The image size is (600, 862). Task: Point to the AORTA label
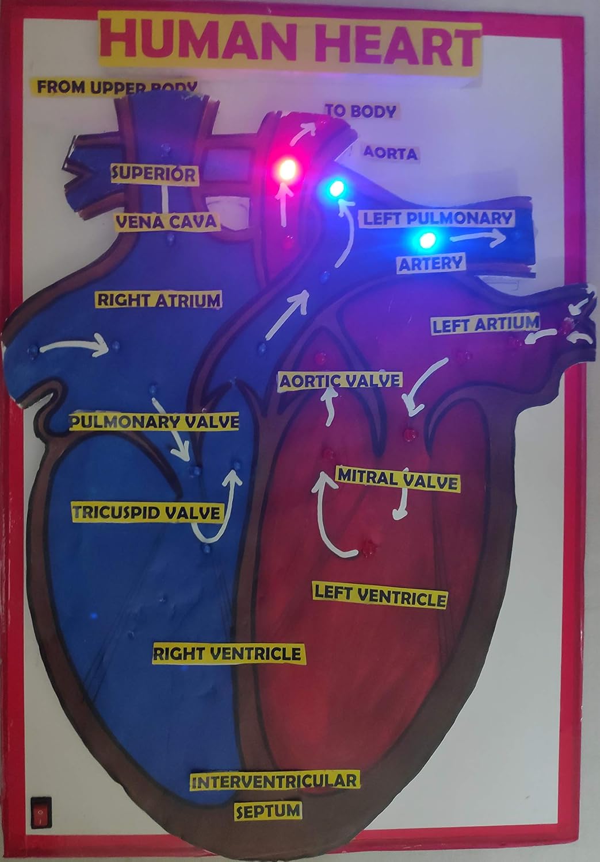[390, 153]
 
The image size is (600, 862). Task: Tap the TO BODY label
[361, 110]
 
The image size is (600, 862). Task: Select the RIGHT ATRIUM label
[159, 299]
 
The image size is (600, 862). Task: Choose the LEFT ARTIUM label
[485, 325]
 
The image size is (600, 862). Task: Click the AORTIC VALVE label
[339, 380]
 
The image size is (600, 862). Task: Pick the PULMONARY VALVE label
[154, 422]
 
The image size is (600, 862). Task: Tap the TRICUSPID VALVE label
[146, 512]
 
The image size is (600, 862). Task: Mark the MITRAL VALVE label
[397, 479]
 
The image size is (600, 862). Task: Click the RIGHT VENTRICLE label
[227, 653]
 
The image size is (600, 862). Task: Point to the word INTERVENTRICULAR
[274, 781]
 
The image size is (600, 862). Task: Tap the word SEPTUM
[268, 810]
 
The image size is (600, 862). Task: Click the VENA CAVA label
[166, 221]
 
